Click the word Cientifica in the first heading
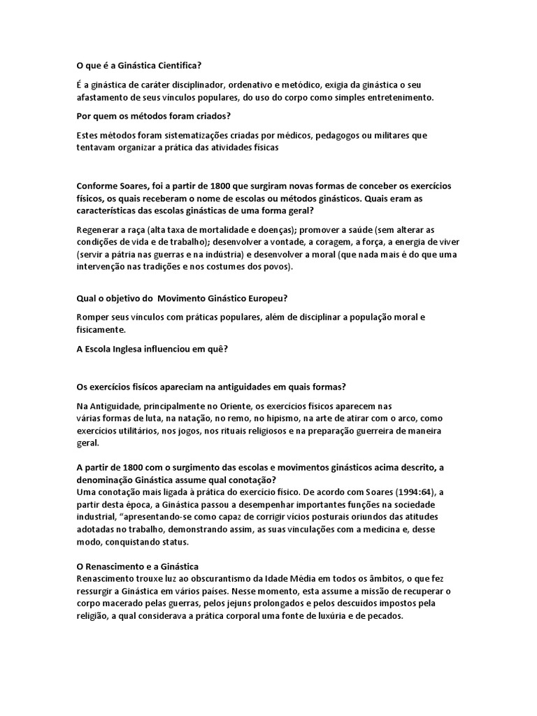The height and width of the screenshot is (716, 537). click(x=176, y=66)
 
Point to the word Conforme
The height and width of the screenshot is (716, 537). click(x=96, y=186)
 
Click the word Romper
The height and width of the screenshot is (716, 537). click(x=92, y=317)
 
